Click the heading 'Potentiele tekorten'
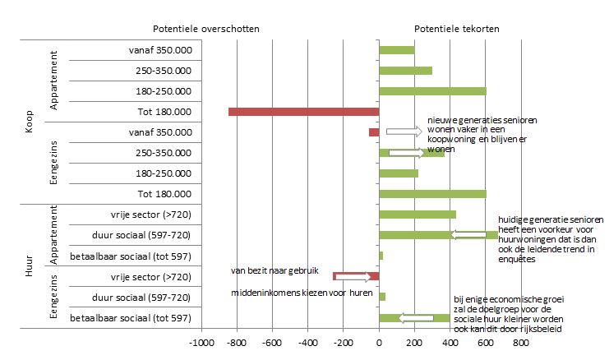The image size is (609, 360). [456, 28]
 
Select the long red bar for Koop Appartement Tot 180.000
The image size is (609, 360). [303, 111]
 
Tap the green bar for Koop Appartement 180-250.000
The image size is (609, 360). [432, 90]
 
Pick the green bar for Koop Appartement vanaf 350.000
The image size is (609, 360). [396, 49]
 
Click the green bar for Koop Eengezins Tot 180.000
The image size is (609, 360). [432, 194]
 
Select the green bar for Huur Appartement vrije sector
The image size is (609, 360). [418, 215]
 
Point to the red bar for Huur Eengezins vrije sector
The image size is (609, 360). [356, 276]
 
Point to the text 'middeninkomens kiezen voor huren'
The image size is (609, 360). [302, 293]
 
